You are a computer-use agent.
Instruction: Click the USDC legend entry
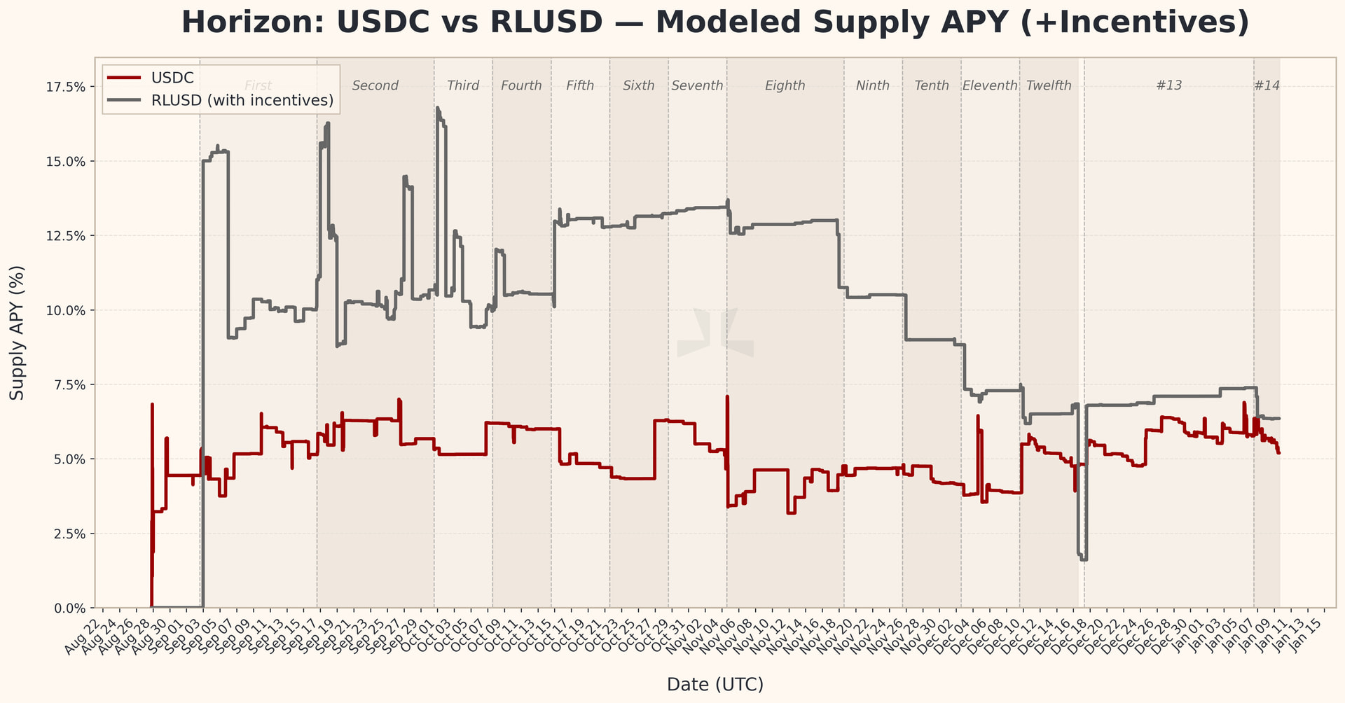[172, 78]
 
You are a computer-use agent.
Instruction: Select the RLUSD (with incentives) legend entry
[242, 101]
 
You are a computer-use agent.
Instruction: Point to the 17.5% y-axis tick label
[65, 87]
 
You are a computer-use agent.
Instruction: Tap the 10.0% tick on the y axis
[65, 310]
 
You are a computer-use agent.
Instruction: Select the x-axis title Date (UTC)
[715, 684]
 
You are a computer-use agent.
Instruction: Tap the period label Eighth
[785, 85]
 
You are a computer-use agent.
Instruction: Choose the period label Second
[375, 85]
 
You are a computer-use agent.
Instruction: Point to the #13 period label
[1168, 85]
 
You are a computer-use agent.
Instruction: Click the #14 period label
[1267, 85]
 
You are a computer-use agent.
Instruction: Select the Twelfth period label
[1049, 85]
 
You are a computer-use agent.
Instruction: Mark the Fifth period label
[580, 85]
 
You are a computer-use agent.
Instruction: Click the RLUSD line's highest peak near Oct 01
[436, 108]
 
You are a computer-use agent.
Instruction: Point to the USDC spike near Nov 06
[727, 397]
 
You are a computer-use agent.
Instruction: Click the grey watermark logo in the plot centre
[715, 333]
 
